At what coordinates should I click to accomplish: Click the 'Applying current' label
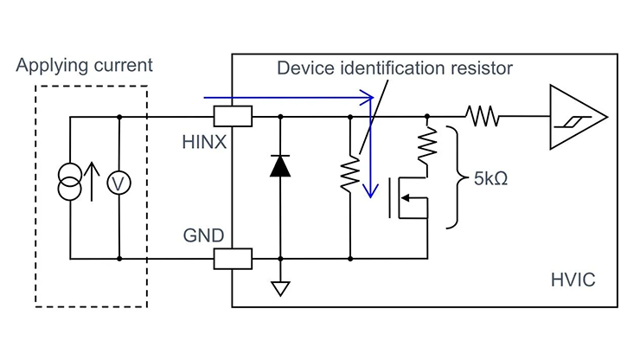tap(85, 66)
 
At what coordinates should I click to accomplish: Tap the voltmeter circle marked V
tap(118, 184)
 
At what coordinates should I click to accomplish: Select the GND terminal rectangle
tap(234, 258)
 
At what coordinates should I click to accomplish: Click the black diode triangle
tap(280, 166)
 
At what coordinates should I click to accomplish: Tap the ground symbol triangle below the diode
tap(280, 289)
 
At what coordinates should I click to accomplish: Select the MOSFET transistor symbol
tap(406, 198)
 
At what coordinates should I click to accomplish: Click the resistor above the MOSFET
tap(426, 145)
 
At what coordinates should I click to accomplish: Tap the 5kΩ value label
tap(490, 183)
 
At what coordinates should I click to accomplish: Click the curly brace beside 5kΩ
tap(454, 177)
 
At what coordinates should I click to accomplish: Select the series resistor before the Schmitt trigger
tap(483, 116)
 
